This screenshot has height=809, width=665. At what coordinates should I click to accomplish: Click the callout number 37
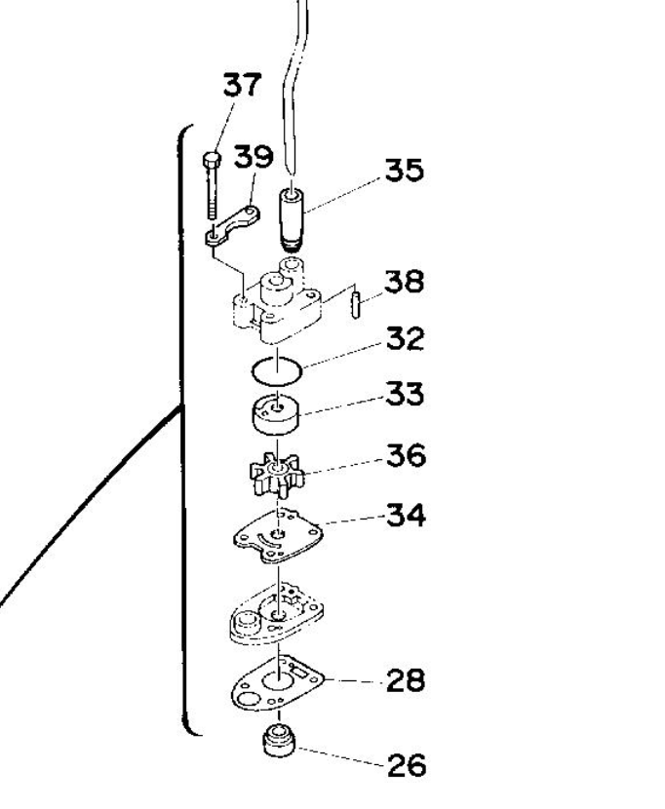[x=242, y=85]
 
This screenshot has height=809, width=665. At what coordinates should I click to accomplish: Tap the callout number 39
[x=253, y=156]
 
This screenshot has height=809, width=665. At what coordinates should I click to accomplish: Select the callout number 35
[x=405, y=170]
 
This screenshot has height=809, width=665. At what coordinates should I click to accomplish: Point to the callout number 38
[x=405, y=282]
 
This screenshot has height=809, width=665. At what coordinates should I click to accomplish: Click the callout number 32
[x=406, y=339]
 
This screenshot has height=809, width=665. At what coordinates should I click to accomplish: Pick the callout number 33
[x=406, y=395]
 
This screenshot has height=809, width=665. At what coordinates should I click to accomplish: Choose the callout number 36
[x=407, y=455]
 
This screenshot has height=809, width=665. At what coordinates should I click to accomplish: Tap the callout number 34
[x=407, y=516]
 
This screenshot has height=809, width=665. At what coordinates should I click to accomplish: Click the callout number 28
[x=406, y=680]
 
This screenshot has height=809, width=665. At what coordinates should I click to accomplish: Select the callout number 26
[x=407, y=766]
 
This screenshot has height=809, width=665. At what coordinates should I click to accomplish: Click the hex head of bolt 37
[x=212, y=160]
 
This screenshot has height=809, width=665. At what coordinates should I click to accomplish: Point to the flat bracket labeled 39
[x=232, y=225]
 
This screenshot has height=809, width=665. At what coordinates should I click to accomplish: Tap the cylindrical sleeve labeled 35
[x=292, y=219]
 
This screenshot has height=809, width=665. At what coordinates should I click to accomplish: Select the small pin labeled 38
[x=355, y=305]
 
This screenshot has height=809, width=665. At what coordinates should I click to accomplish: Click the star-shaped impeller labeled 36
[x=277, y=474]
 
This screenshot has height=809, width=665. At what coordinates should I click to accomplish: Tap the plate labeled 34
[x=278, y=536]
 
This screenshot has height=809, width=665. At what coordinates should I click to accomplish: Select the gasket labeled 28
[x=278, y=685]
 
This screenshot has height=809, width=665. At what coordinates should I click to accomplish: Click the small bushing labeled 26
[x=279, y=741]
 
